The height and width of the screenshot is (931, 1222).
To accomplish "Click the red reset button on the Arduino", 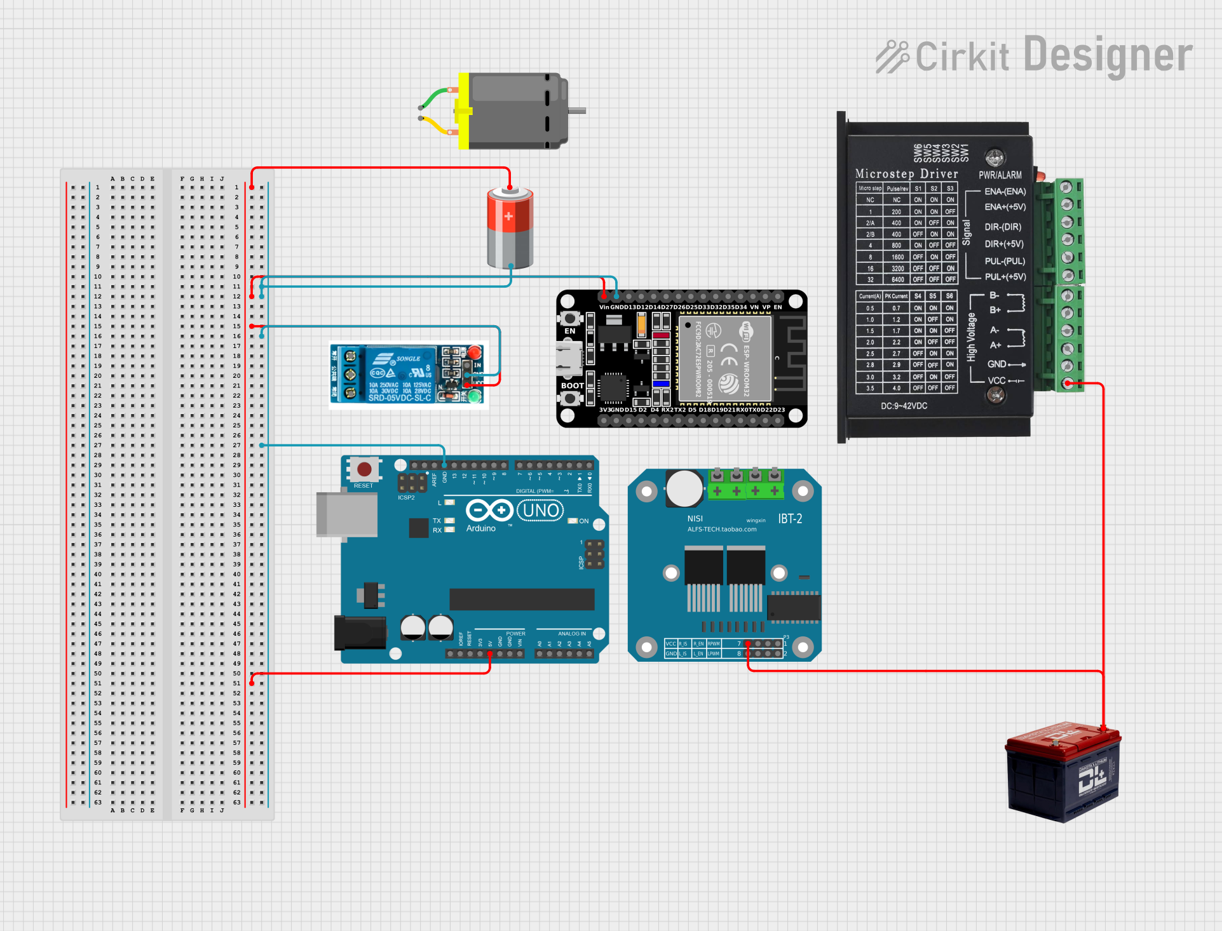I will pyautogui.click(x=364, y=470).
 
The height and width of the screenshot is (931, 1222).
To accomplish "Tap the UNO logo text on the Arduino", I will pyautogui.click(x=541, y=511).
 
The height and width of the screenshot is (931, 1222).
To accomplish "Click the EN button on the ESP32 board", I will pyautogui.click(x=570, y=318).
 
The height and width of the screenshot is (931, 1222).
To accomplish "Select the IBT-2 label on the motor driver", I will pyautogui.click(x=790, y=519).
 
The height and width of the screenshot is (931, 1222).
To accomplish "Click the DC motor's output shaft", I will pyautogui.click(x=577, y=111).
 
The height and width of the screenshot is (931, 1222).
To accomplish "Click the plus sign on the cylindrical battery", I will pyautogui.click(x=508, y=217).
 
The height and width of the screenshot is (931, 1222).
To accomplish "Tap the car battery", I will pyautogui.click(x=1064, y=771).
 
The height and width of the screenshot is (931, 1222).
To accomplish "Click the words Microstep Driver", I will pyautogui.click(x=906, y=174).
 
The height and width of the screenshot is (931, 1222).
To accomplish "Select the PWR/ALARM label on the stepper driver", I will pyautogui.click(x=1000, y=175).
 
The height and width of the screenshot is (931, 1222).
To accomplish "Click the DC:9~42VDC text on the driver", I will pyautogui.click(x=904, y=406).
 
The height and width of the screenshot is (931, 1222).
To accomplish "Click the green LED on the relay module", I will pyautogui.click(x=475, y=397).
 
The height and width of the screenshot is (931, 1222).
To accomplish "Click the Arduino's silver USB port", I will pyautogui.click(x=347, y=514).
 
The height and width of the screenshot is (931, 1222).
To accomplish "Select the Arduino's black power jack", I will pyautogui.click(x=360, y=633).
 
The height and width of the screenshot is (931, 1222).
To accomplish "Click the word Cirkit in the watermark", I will pyautogui.click(x=962, y=57).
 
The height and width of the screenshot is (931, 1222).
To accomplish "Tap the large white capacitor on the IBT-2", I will pyautogui.click(x=684, y=488).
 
